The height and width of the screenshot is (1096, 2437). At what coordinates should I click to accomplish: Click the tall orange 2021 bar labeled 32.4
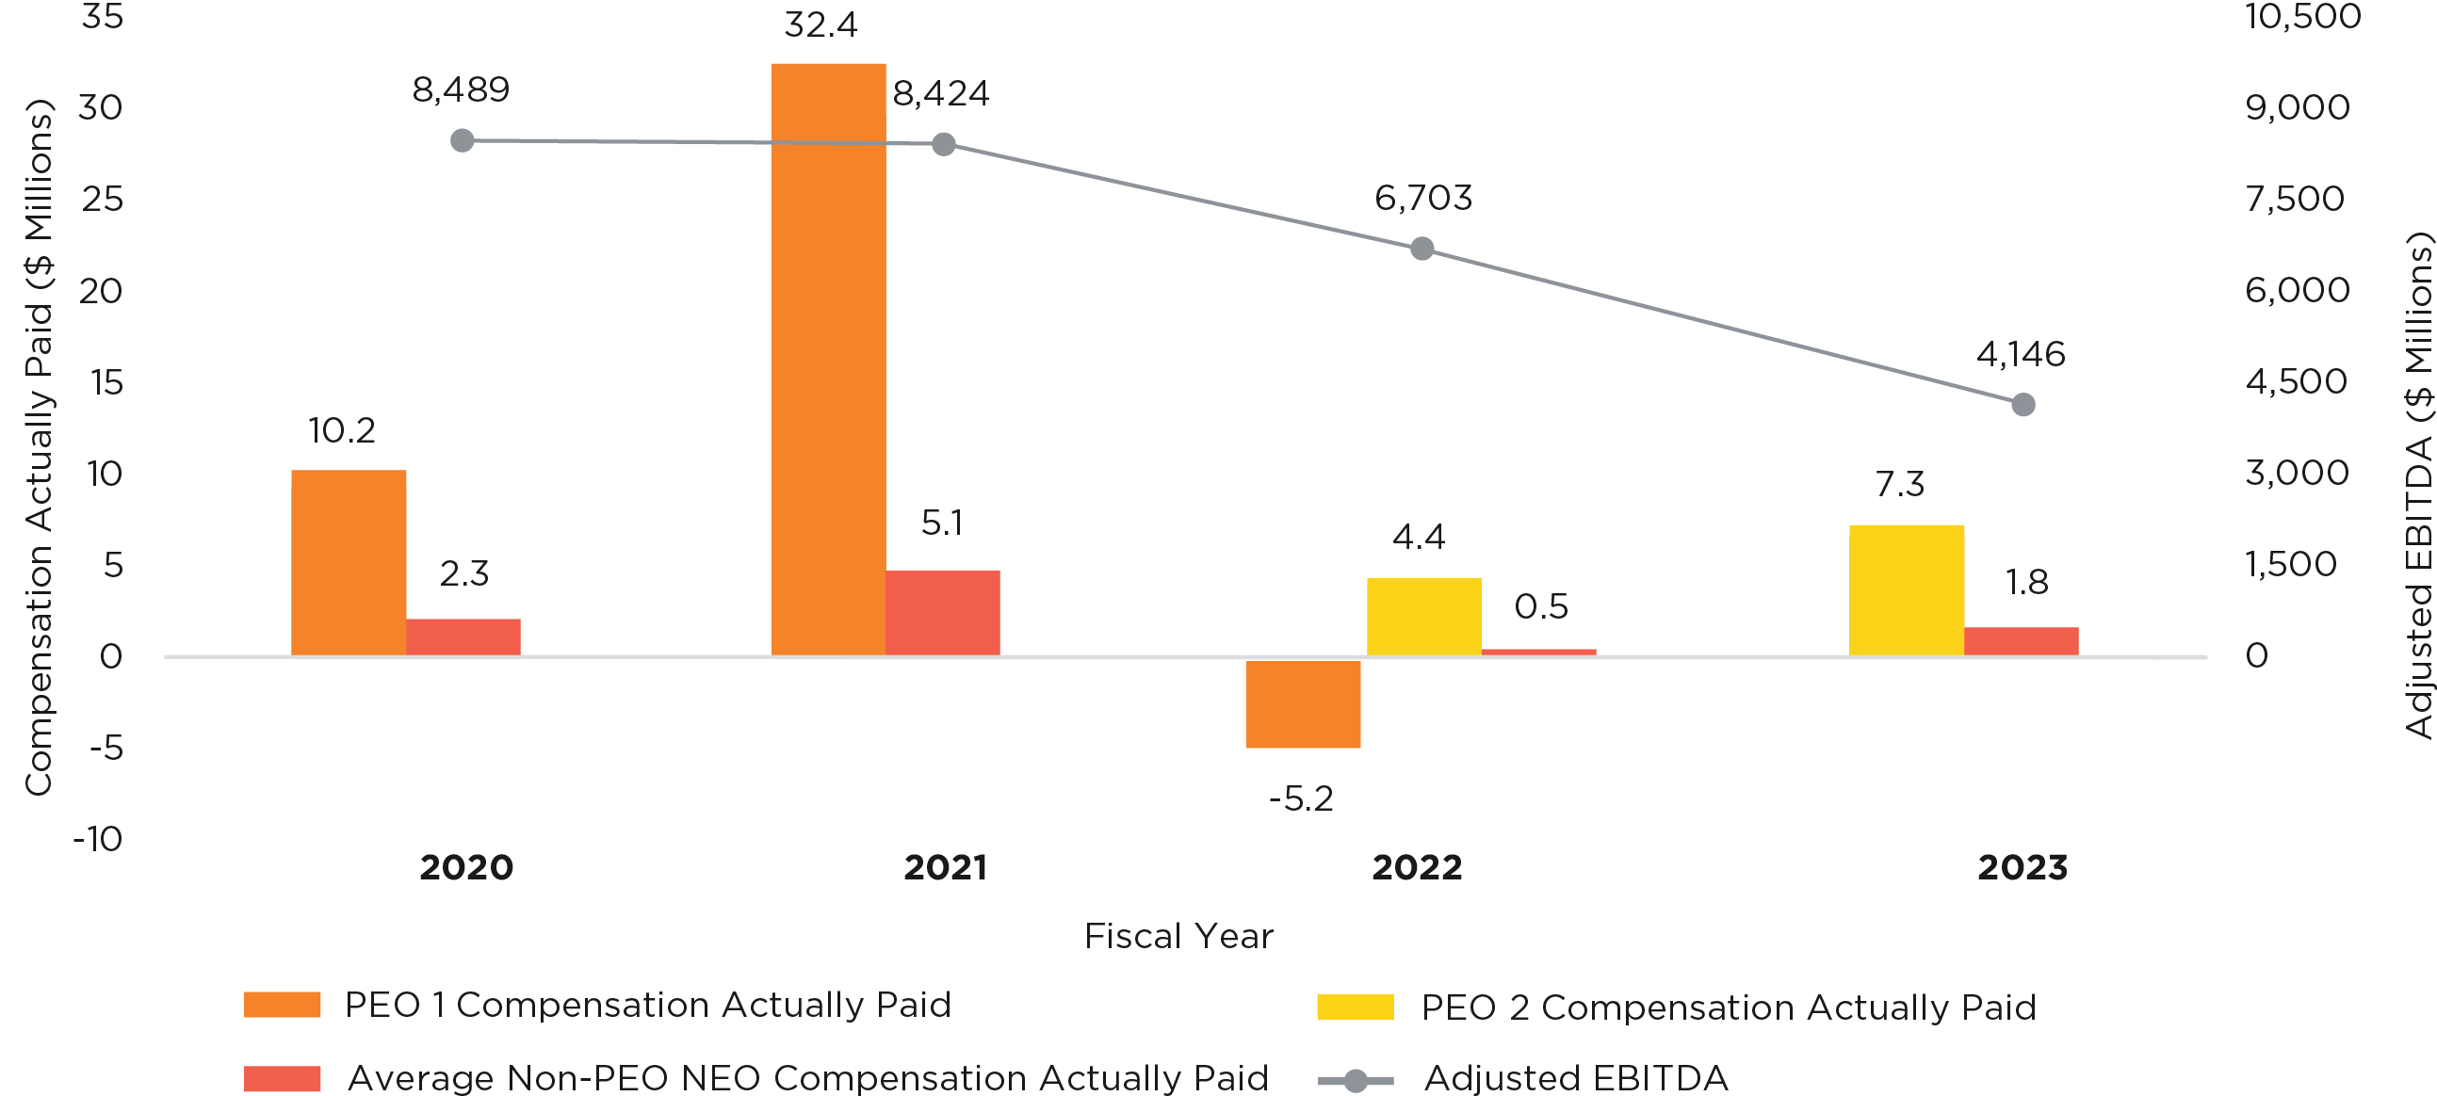pos(828,360)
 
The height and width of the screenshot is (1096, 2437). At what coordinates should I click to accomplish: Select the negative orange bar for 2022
pos(1303,703)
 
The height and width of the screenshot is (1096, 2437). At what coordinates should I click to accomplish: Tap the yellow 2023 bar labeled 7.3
pos(1907,590)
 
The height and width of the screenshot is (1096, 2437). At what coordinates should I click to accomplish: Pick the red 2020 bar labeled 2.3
pos(463,637)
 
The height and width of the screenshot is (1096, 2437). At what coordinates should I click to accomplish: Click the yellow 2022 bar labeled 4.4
pos(1423,617)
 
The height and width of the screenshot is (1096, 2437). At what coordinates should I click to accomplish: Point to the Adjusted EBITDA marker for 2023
pos(2023,405)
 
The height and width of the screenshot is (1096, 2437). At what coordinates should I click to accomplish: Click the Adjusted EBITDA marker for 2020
pos(462,141)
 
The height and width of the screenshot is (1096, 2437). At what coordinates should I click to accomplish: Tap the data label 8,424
pos(940,93)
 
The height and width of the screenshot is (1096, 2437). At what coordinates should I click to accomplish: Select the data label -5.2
pos(1301,799)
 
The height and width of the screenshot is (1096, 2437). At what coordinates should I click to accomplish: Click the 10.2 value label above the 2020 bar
pos(342,431)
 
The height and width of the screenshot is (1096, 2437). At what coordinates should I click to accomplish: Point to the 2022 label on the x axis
pos(1417,867)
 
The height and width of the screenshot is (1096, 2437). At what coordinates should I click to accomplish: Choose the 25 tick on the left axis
pos(102,199)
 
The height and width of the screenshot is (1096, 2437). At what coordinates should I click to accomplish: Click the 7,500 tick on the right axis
pos(2294,199)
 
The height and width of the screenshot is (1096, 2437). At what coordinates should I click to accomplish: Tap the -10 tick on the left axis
pos(98,839)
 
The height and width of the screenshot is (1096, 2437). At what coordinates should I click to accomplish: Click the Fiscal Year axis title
pos(1178,936)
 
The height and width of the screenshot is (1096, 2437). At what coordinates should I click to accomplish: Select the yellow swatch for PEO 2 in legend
pos(1355,1007)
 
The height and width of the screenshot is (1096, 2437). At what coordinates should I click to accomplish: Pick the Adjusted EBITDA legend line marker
pos(1355,1080)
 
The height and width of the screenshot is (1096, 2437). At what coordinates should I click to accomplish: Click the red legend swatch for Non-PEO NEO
pos(282,1079)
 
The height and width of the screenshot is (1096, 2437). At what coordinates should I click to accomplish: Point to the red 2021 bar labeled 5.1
pos(942,613)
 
